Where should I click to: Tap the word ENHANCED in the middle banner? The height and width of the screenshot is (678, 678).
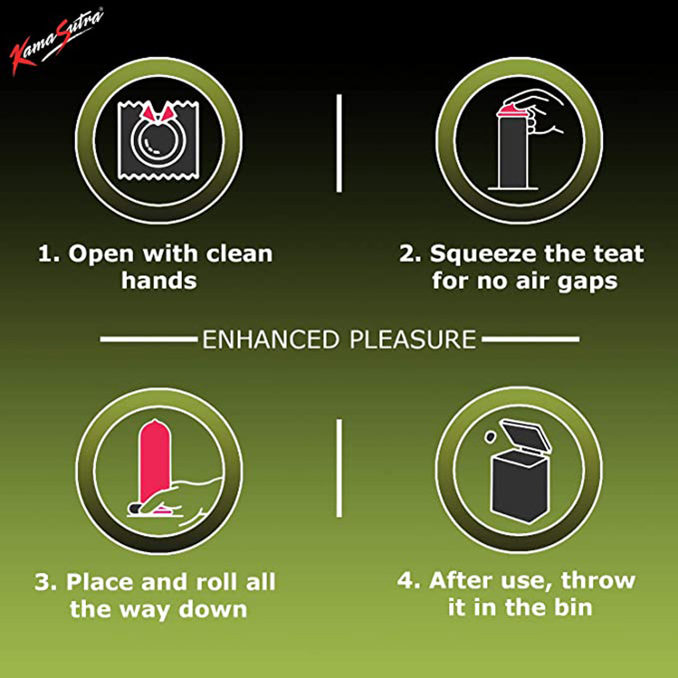(270, 340)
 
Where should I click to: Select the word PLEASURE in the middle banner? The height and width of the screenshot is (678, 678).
(413, 340)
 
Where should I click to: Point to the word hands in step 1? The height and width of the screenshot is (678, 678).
(159, 281)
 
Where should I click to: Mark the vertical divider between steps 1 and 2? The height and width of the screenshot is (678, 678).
(339, 143)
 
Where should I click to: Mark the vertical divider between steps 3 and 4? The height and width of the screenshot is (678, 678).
(339, 468)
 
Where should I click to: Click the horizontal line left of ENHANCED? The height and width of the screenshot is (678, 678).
(149, 340)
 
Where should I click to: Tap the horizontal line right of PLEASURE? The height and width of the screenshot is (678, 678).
(530, 340)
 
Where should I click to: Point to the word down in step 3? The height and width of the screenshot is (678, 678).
(213, 609)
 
